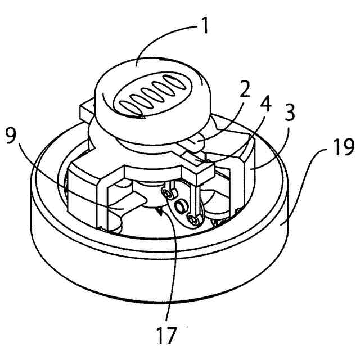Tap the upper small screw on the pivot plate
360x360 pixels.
pyautogui.click(x=165, y=193)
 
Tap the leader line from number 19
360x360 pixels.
pyautogui.click(x=304, y=186)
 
